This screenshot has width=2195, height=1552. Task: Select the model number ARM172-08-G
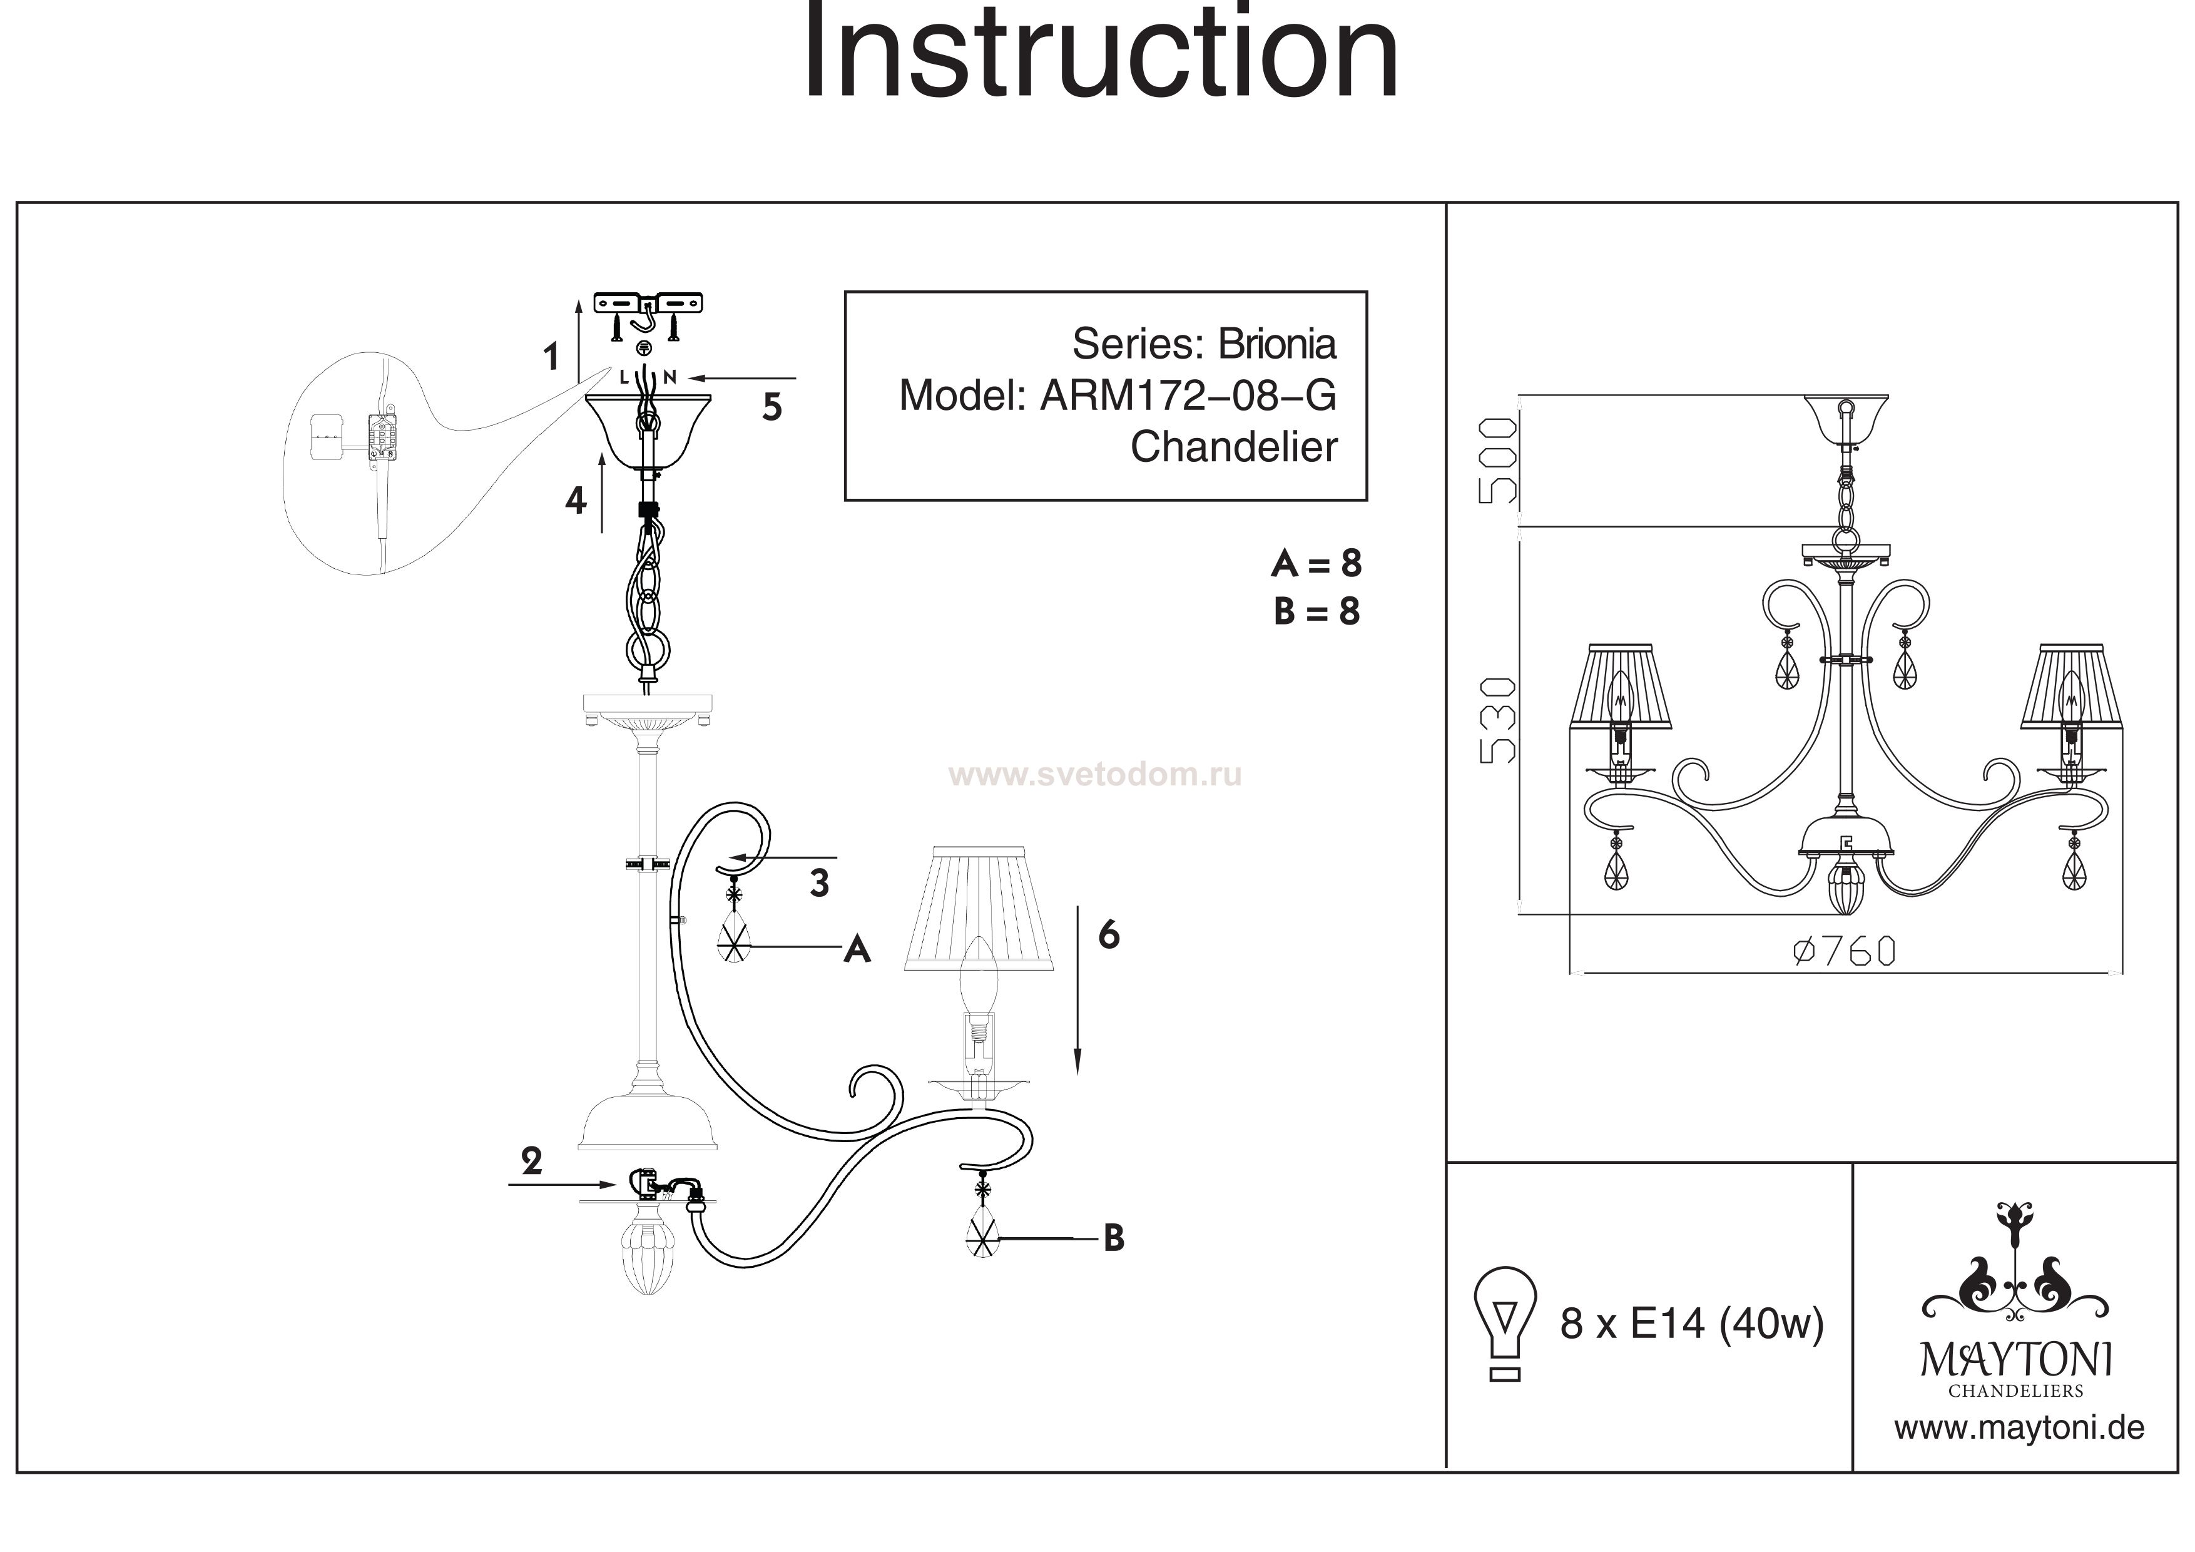tap(1188, 395)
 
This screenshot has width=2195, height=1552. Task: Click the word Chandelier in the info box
tap(1233, 447)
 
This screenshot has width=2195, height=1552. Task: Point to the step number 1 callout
tap(551, 357)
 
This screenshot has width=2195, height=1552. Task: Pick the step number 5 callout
tap(772, 407)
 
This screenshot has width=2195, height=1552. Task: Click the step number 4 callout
tap(574, 499)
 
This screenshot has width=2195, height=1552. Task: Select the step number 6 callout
tap(1108, 934)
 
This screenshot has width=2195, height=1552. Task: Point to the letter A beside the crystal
tap(857, 949)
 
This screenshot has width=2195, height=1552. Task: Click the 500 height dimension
tap(1498, 461)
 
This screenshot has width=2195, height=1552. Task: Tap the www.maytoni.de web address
tap(2019, 1454)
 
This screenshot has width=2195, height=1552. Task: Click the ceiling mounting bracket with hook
tap(648, 304)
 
